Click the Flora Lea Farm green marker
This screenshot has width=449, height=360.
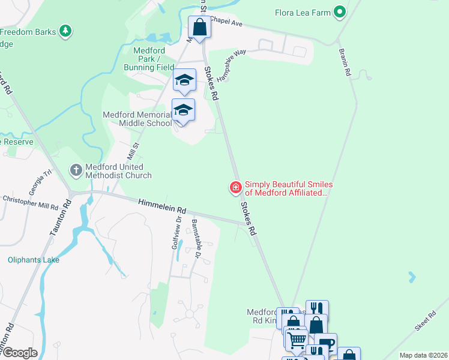pos(340,11)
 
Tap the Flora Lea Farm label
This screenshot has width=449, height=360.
pos(303,12)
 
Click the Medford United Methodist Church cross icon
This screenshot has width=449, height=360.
pos(76,170)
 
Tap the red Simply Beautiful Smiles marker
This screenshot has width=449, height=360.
pos(236,188)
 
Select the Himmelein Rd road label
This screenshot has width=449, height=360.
pos(162,207)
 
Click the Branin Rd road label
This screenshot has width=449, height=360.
pos(345,62)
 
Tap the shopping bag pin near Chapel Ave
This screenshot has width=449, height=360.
pos(199,27)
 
